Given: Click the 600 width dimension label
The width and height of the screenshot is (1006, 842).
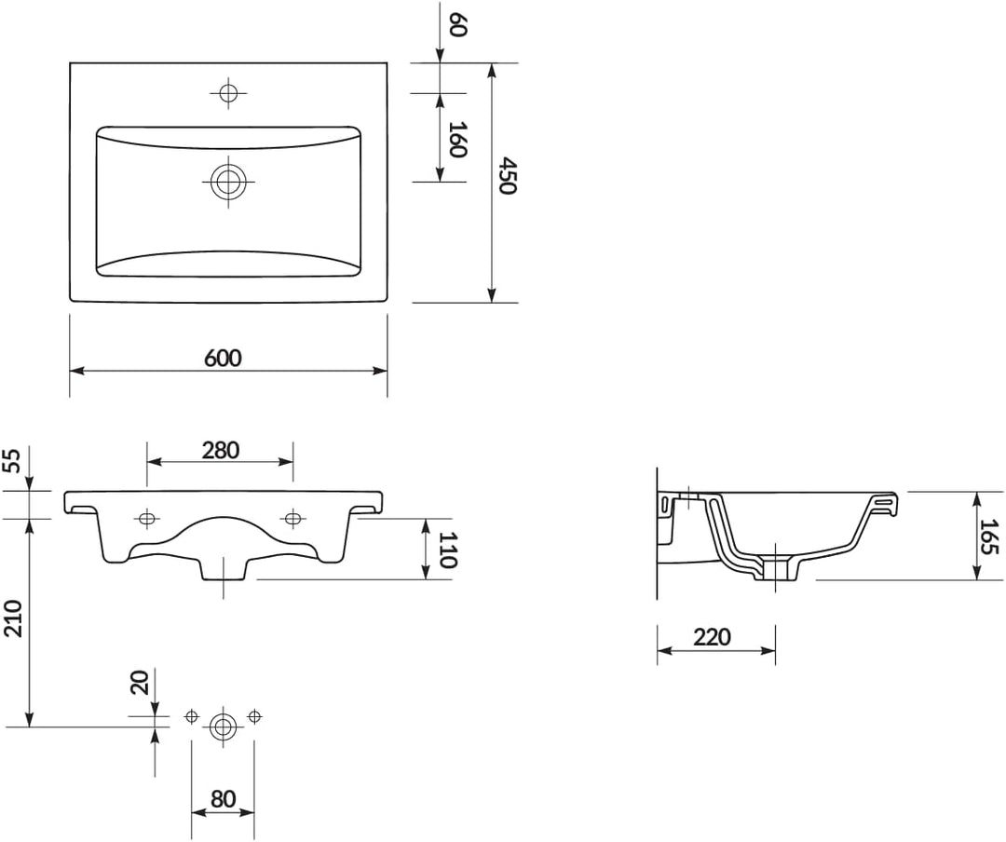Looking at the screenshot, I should point(223,358).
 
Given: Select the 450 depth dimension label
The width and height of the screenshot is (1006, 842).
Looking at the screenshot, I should point(506,176).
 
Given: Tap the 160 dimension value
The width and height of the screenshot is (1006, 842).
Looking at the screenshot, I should point(456,139).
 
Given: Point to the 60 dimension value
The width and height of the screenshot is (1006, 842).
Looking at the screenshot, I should point(456,25).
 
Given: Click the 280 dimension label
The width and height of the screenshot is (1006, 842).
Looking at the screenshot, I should point(221,450).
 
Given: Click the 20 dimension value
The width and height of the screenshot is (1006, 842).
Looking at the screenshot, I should point(141,682).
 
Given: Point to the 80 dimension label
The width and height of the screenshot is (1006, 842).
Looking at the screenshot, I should point(223,799).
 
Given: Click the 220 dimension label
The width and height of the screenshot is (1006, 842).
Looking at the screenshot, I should point(713,637).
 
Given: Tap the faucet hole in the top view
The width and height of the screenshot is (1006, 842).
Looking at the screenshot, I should point(227,92).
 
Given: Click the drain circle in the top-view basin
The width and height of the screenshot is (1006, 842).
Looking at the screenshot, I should point(226,182).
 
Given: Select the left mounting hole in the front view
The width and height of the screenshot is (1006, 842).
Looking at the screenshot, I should point(146,519).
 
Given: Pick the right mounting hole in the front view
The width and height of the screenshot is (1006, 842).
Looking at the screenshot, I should point(292,519).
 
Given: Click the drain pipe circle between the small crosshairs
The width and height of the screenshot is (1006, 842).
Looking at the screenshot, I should point(223,726).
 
